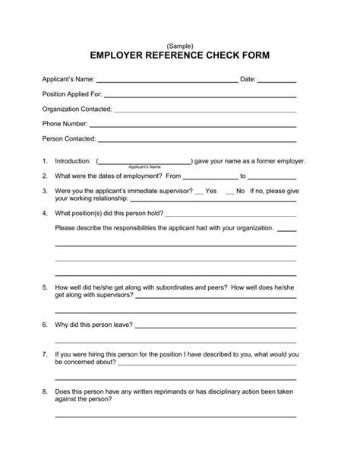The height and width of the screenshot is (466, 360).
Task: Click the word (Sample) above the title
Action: pos(180,46)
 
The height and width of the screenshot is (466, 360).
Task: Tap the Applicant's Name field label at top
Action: pos(68,79)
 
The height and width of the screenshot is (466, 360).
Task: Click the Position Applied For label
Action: pos(71,94)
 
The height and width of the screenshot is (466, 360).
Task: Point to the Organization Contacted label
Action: pos(77,109)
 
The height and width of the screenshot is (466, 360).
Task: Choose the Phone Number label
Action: pos(65,124)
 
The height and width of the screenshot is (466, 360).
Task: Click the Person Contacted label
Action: pos(69,139)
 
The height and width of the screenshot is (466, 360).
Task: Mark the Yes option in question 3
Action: pos(211,191)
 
